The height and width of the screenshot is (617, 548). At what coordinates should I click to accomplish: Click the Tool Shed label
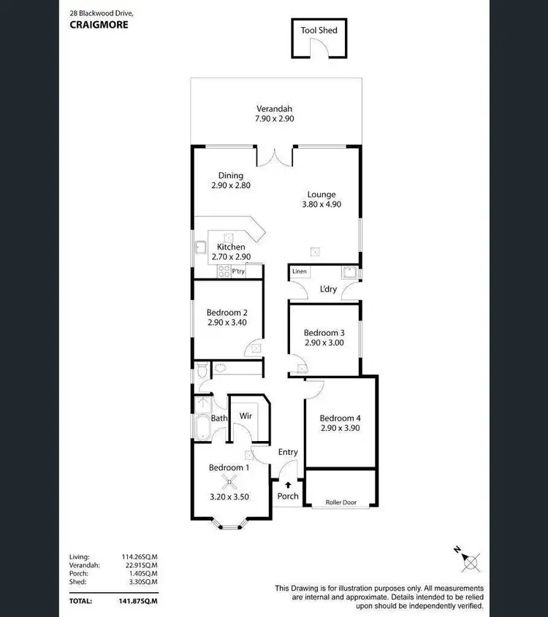[319, 30]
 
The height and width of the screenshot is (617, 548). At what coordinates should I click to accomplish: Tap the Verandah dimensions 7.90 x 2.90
[275, 118]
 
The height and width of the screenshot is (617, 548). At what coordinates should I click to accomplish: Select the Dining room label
[231, 175]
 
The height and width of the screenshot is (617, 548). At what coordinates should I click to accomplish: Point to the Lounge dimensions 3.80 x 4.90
[321, 205]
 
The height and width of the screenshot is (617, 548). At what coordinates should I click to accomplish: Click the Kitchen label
[230, 247]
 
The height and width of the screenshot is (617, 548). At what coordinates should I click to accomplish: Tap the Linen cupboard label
[300, 272]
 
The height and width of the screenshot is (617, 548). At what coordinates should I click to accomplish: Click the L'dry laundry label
[327, 289]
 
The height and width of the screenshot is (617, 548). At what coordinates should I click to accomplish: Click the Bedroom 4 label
[340, 418]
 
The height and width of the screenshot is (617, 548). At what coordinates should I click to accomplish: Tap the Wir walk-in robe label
[246, 417]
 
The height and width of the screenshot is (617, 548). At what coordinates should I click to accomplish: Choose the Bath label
[219, 418]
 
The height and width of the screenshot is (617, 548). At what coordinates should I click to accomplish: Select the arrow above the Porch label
[289, 483]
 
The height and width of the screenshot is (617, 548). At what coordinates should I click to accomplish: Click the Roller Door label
[340, 502]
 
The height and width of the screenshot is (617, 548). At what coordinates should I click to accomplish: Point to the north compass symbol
[470, 562]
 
